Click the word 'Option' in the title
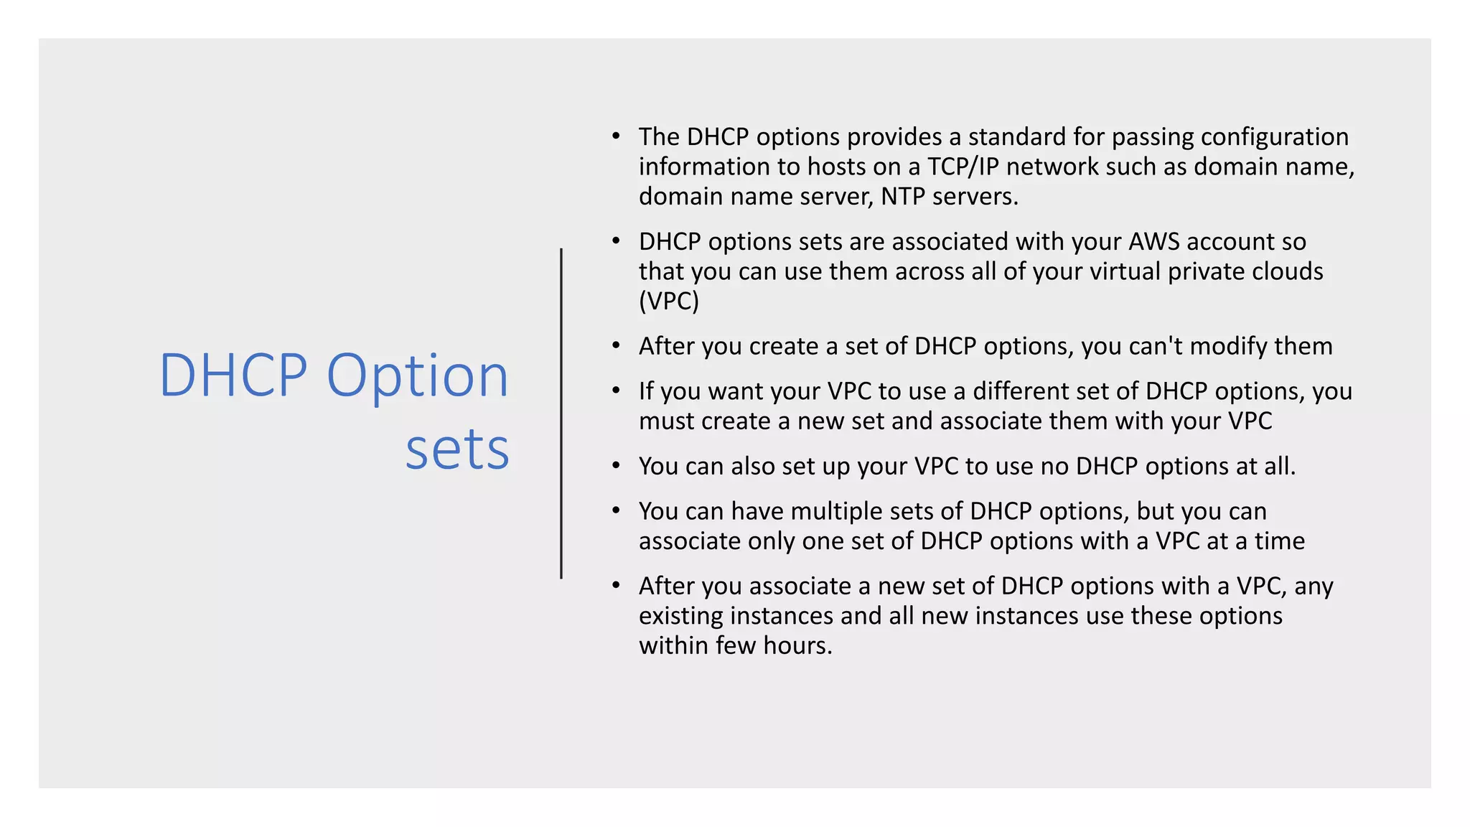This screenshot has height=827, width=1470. pyautogui.click(x=417, y=376)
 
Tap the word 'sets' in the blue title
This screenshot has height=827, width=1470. pyautogui.click(x=457, y=450)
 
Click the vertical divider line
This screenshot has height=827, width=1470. pyautogui.click(x=561, y=413)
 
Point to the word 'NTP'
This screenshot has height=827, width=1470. pyautogui.click(x=903, y=197)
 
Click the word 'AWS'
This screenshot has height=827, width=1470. pyautogui.click(x=1153, y=242)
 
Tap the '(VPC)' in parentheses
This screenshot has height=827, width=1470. pyautogui.click(x=668, y=301)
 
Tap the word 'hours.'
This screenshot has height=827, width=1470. pyautogui.click(x=797, y=645)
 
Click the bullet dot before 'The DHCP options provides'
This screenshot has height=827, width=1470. pyautogui.click(x=616, y=135)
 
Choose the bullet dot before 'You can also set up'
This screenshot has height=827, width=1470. pyautogui.click(x=616, y=465)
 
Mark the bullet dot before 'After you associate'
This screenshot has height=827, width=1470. pyautogui.click(x=616, y=585)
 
